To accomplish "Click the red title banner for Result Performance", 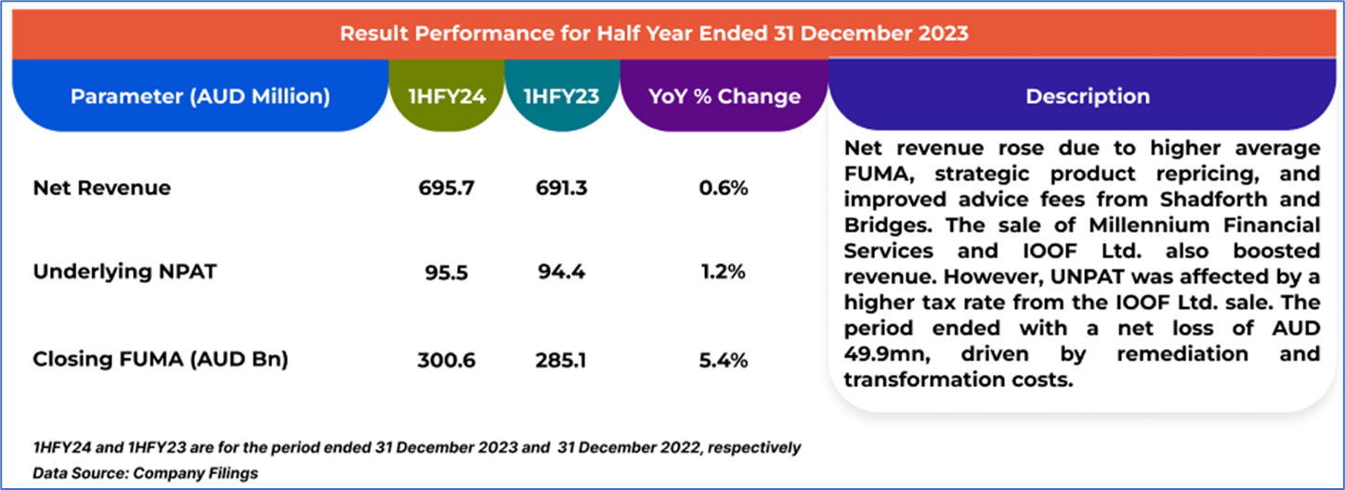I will pyautogui.click(x=653, y=34).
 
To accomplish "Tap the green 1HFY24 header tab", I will pyautogui.click(x=447, y=96).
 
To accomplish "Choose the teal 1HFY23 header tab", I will pyautogui.click(x=561, y=96).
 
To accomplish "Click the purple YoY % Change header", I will pyautogui.click(x=723, y=96).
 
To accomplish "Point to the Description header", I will pyautogui.click(x=1087, y=96).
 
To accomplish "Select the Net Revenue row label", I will pyautogui.click(x=102, y=188).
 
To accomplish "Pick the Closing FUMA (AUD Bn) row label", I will pyautogui.click(x=161, y=360).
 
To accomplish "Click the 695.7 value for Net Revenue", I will pyautogui.click(x=447, y=188).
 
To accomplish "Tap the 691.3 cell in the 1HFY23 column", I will pyautogui.click(x=561, y=188).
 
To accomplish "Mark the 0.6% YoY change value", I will pyautogui.click(x=725, y=188).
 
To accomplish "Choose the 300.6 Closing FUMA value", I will pyautogui.click(x=447, y=360).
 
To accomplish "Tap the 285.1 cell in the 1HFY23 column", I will pyautogui.click(x=561, y=360).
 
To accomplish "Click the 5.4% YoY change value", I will pyautogui.click(x=725, y=360).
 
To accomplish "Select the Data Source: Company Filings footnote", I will pyautogui.click(x=146, y=473).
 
